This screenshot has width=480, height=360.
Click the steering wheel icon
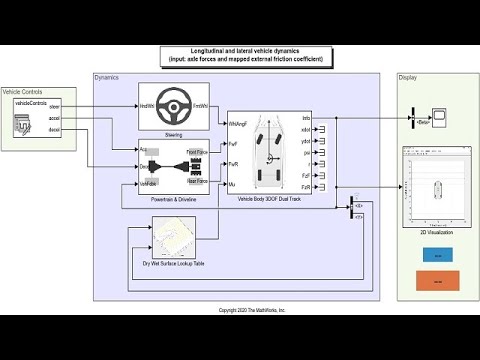click(x=173, y=105)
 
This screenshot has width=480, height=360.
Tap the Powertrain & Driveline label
click(x=173, y=201)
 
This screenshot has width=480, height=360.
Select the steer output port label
click(x=54, y=105)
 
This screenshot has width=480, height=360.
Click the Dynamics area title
click(x=106, y=77)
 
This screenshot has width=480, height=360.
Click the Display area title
click(x=407, y=77)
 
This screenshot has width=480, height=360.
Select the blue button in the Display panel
click(x=437, y=256)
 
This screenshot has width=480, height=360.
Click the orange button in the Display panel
click(x=437, y=283)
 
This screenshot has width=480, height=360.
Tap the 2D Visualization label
click(x=436, y=233)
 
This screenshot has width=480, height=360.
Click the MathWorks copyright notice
click(x=252, y=310)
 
